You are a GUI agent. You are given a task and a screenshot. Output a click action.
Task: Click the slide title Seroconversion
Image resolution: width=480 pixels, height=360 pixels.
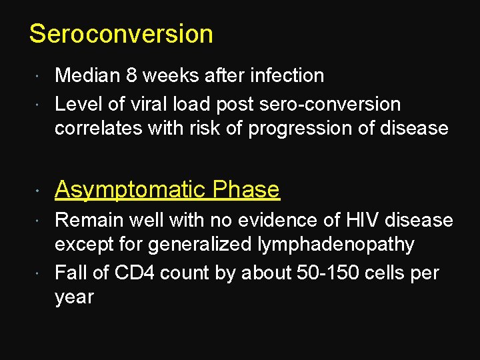[121, 34]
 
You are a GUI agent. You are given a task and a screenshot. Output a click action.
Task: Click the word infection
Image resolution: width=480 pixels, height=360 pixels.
[287, 76]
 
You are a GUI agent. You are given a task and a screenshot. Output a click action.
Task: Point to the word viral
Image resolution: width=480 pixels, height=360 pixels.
[175, 105]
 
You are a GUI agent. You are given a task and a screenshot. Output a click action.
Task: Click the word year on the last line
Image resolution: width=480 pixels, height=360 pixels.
[74, 297]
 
